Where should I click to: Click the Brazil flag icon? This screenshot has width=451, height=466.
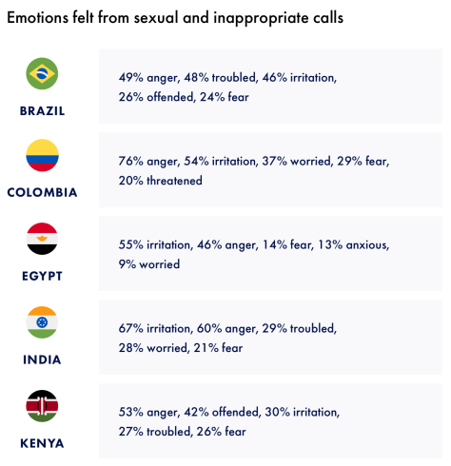pyautogui.click(x=42, y=73)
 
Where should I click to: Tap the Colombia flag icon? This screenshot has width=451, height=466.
pyautogui.click(x=42, y=155)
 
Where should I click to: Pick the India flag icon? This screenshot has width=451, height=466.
pyautogui.click(x=42, y=322)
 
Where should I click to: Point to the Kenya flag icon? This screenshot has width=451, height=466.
pyautogui.click(x=42, y=406)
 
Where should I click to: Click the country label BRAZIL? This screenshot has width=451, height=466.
pyautogui.click(x=42, y=110)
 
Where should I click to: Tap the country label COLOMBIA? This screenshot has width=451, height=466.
pyautogui.click(x=42, y=193)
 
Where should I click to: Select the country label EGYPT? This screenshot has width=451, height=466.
pyautogui.click(x=42, y=276)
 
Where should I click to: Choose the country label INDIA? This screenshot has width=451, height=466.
pyautogui.click(x=42, y=359)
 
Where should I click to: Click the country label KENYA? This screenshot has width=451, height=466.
pyautogui.click(x=42, y=443)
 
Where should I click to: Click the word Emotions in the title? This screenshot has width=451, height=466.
pyautogui.click(x=40, y=18)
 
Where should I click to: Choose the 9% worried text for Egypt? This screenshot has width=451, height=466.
pyautogui.click(x=149, y=264)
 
